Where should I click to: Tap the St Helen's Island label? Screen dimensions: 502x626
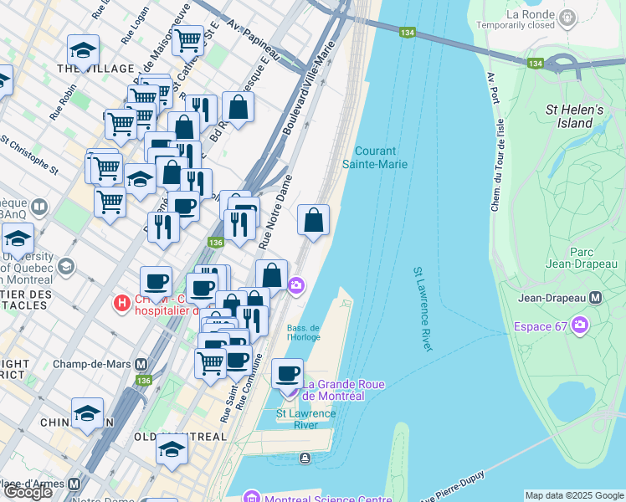coord(574,116)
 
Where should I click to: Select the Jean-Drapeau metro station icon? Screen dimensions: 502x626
coord(596,297)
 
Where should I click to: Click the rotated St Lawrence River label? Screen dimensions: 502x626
coord(422,309)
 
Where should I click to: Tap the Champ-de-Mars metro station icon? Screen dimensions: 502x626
coord(141,365)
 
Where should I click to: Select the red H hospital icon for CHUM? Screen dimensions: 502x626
coord(122,301)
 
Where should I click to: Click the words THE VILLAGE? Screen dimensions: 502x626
coord(95,68)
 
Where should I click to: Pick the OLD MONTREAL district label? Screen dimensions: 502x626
coord(180,437)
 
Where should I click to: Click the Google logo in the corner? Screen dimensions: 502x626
coord(28,492)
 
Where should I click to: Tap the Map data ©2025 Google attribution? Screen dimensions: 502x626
coord(574,495)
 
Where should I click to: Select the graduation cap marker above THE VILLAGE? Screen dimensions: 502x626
coord(83,50)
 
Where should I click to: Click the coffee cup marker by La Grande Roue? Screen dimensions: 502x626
coord(287,373)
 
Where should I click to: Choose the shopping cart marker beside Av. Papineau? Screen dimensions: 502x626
coord(187,38)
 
